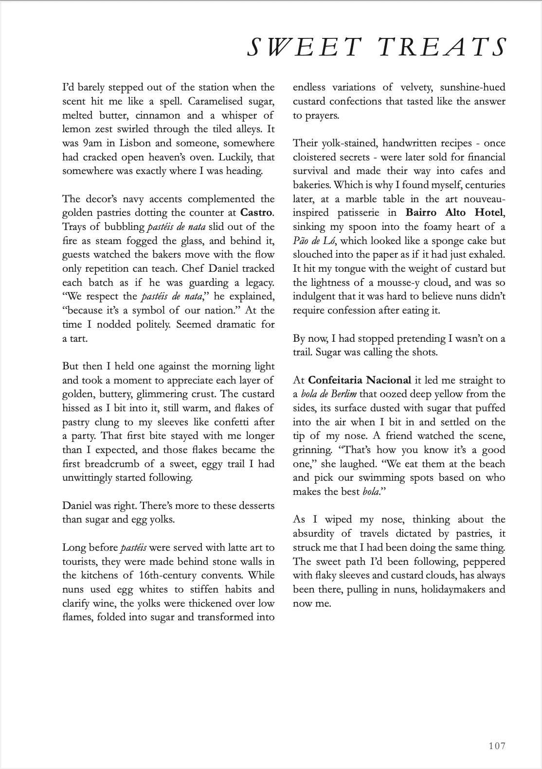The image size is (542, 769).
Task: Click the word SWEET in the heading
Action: [x=304, y=48]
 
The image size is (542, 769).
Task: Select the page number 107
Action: [x=497, y=746]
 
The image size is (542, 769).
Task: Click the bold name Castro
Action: [x=257, y=213]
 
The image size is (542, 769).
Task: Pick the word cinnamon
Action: [x=158, y=116]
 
